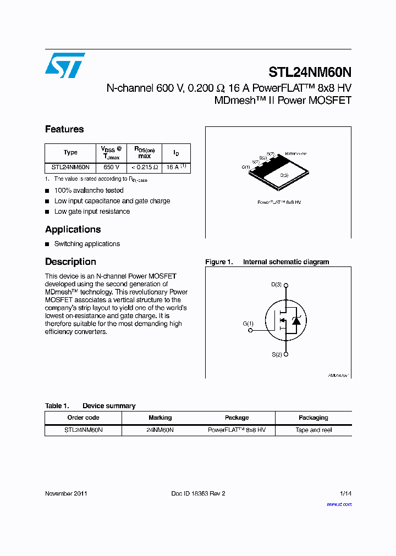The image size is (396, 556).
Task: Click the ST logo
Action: tap(65, 65)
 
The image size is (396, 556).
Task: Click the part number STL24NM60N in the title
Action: tap(310, 73)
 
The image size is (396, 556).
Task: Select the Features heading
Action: tap(64, 129)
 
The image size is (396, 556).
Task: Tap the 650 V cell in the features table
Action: tap(112, 167)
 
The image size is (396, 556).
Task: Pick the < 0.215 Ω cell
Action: tap(145, 167)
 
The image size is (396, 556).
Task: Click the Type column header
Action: tap(70, 152)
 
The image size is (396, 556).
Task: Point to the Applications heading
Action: tap(73, 229)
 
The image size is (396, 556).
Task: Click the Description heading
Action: tap(70, 262)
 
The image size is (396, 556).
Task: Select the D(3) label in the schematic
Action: tap(276, 285)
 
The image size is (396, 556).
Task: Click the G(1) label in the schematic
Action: tap(248, 324)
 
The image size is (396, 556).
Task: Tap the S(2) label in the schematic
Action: tap(276, 355)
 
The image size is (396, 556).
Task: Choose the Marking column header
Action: tap(160, 418)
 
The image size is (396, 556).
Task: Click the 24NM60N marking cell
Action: tap(160, 430)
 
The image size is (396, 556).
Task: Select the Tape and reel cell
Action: tap(313, 430)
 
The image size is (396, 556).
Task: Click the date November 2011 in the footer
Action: tap(66, 493)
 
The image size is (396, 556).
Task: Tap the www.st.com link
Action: tap(339, 504)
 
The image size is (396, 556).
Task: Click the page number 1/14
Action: tap(345, 493)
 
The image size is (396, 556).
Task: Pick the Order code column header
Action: tap(83, 418)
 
